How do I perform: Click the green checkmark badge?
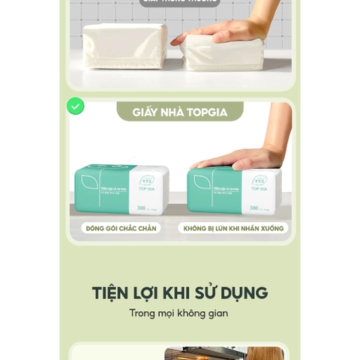[x=75, y=106]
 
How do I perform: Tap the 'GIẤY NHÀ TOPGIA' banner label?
[x=180, y=112]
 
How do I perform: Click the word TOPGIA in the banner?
[x=207, y=112]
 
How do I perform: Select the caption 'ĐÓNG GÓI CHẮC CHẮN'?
[x=121, y=228]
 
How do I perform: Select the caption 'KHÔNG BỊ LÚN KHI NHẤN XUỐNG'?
[x=233, y=228]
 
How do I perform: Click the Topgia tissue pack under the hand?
[x=234, y=192]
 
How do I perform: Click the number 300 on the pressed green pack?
[x=253, y=207]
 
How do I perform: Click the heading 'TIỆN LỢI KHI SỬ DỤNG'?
[x=180, y=292]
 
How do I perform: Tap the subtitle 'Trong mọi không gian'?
[x=178, y=313]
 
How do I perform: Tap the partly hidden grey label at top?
[x=180, y=2]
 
